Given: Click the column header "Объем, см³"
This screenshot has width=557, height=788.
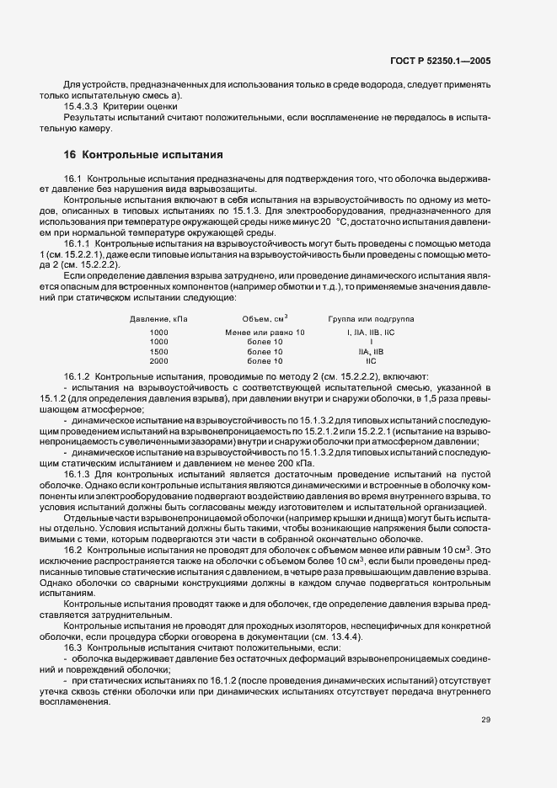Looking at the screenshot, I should [x=265, y=318].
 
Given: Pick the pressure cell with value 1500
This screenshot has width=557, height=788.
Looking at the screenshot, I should [x=158, y=351].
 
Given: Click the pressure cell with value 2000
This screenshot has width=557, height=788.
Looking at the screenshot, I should [x=158, y=360].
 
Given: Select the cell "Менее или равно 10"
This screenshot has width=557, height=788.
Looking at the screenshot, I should [x=265, y=333].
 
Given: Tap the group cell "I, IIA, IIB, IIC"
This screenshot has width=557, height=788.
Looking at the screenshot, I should [x=371, y=333].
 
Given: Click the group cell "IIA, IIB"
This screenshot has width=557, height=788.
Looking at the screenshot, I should [x=371, y=351].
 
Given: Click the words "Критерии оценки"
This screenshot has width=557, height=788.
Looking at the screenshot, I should [x=135, y=108].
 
